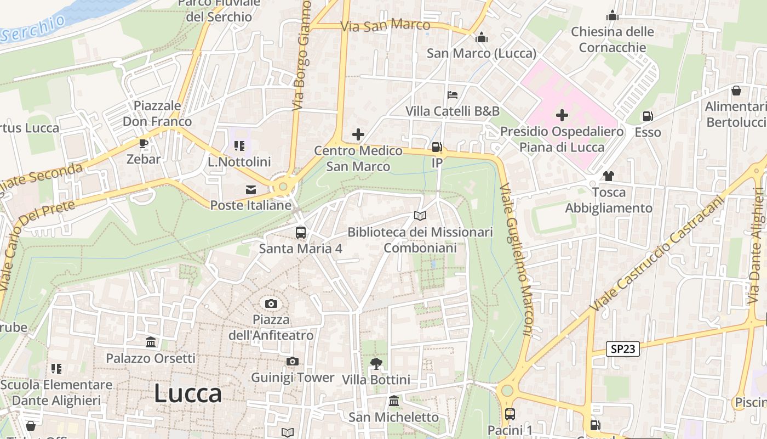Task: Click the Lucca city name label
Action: pos(188,393)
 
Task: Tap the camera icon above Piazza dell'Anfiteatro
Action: pos(271,303)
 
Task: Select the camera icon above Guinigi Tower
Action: pos(293,361)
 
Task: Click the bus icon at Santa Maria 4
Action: pos(300,232)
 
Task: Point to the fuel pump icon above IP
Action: pos(437,147)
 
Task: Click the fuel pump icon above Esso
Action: pos(648,116)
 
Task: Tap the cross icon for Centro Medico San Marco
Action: pos(358,134)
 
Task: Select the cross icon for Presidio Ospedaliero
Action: pos(562,115)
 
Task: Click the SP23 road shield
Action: pos(623,348)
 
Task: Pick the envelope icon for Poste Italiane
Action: pos(251,190)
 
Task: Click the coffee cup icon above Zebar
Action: pos(144,144)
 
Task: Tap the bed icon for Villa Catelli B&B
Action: pos(453,95)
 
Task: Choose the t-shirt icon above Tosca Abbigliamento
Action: pos(609,176)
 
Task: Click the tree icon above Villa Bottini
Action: pos(376,363)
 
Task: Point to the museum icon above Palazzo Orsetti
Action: pos(151,343)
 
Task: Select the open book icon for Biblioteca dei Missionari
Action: pos(420,216)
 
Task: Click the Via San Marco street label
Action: pos(385,25)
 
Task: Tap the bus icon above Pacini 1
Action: pos(510,414)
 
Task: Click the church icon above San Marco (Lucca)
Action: pos(482,37)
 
